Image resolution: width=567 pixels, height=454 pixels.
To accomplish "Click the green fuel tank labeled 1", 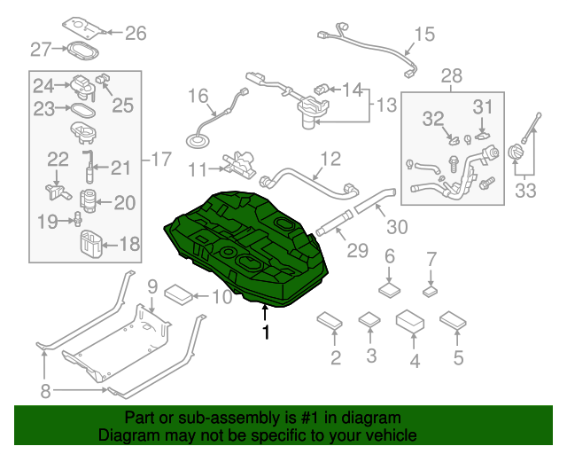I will click(x=248, y=248).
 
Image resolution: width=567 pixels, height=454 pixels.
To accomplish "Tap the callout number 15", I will click(x=425, y=35).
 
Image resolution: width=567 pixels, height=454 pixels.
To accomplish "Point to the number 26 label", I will click(x=135, y=34).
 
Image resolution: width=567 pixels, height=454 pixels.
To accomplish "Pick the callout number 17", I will click(x=160, y=160).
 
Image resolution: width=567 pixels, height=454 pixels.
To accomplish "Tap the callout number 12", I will click(x=330, y=160).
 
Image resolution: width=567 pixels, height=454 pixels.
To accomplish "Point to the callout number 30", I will click(x=397, y=226).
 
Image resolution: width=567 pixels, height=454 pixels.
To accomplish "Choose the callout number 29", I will click(x=356, y=252).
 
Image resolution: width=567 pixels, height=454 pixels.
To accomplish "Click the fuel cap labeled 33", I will click(x=517, y=153).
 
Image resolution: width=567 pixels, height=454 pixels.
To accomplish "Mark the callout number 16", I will click(x=197, y=95).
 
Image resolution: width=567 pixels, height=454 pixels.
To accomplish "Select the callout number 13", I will click(x=386, y=106).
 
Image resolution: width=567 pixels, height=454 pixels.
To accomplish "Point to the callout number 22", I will click(x=58, y=159).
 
